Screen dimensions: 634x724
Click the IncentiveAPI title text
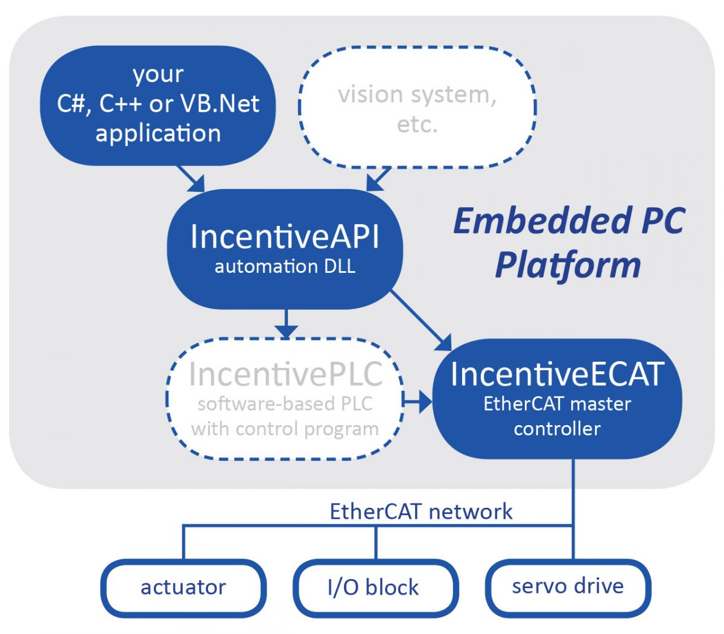coord(285,236)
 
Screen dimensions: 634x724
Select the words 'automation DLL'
coord(285,266)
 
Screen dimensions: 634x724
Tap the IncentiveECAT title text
coord(557,374)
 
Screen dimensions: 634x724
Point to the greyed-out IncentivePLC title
coord(285,374)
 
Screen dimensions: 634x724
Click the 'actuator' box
coord(183,587)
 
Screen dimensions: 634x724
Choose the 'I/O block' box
coord(373,587)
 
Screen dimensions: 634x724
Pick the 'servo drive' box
coord(568,586)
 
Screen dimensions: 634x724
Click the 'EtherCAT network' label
coord(421,511)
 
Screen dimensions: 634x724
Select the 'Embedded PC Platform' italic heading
coord(568,243)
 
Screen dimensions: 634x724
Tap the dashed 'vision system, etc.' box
coord(418,109)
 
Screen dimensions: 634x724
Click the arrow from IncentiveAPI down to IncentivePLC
coord(286,324)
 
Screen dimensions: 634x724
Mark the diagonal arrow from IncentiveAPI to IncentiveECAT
coord(422,321)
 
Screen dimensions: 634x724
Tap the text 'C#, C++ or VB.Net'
coord(158,104)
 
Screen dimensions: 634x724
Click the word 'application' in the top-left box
coord(158,133)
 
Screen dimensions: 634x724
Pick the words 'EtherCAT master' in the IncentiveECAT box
coord(557,403)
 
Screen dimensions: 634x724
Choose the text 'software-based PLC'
coord(285,404)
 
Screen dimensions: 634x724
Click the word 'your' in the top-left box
coord(158,74)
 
